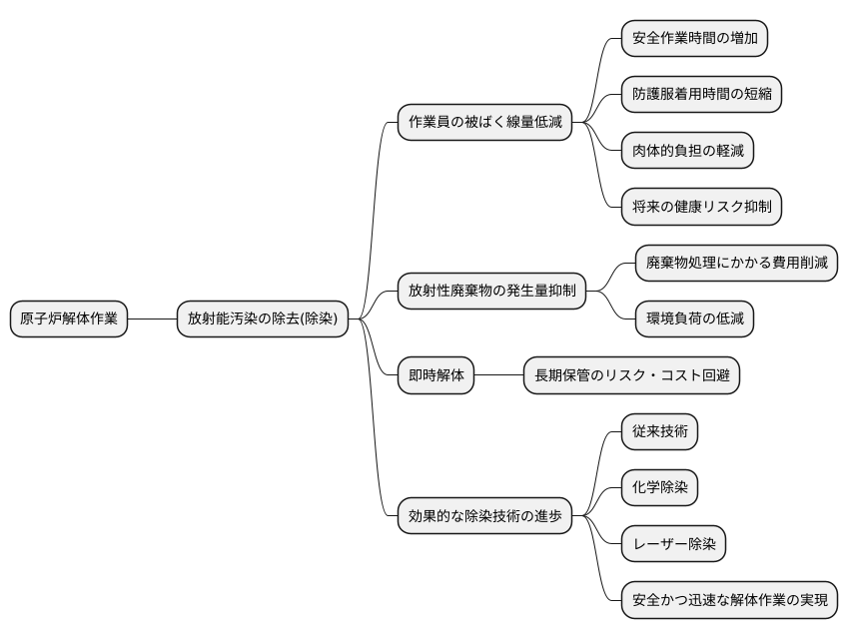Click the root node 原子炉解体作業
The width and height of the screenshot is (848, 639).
coord(69,319)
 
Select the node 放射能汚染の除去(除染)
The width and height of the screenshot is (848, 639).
coord(263,319)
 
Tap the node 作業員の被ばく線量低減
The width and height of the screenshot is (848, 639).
coord(485,123)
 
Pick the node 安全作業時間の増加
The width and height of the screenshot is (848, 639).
coord(694,39)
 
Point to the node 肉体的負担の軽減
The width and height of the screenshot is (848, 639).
coord(687,151)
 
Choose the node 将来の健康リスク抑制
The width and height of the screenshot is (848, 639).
coord(701,207)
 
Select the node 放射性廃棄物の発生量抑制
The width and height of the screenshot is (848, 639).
coord(492,292)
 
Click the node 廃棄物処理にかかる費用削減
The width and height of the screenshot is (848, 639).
coord(737,264)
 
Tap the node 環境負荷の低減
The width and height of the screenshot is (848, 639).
coord(695,319)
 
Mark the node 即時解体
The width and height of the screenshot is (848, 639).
coord(436,375)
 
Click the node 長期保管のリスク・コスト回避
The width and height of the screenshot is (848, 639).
coord(632,375)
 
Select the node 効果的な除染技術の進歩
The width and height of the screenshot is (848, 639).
coord(485,516)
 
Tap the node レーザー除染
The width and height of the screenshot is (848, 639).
coord(673,544)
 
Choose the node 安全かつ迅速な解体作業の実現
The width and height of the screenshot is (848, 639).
coord(729,600)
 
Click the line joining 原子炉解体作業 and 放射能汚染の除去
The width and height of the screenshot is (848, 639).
coord(152,319)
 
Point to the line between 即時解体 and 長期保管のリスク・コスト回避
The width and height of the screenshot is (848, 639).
coord(499,375)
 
